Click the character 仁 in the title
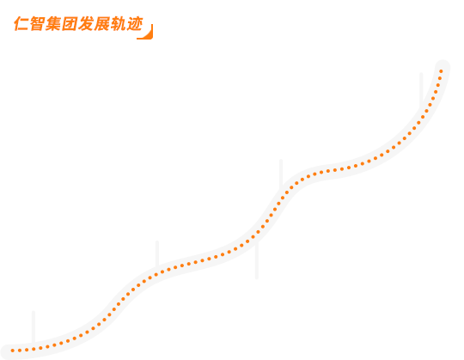pos(21,24)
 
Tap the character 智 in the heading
pos(38,24)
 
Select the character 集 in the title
pos(53,24)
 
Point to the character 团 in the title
pos(70,24)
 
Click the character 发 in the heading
pos(86,24)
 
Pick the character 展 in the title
pos(102,24)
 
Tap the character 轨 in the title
pos(119,24)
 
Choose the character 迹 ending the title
pos(135,24)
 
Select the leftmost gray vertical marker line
pos(34,327)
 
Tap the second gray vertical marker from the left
pos(157,254)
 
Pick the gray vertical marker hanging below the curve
pos(257,259)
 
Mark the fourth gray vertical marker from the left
pos(281,174)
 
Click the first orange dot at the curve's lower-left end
pos(12,351)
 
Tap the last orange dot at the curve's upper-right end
pos(441,71)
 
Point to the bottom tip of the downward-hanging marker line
pos(257,278)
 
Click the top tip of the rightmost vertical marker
pos(421,73)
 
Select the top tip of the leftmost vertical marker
pos(34,312)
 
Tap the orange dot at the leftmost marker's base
pos(34,349)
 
